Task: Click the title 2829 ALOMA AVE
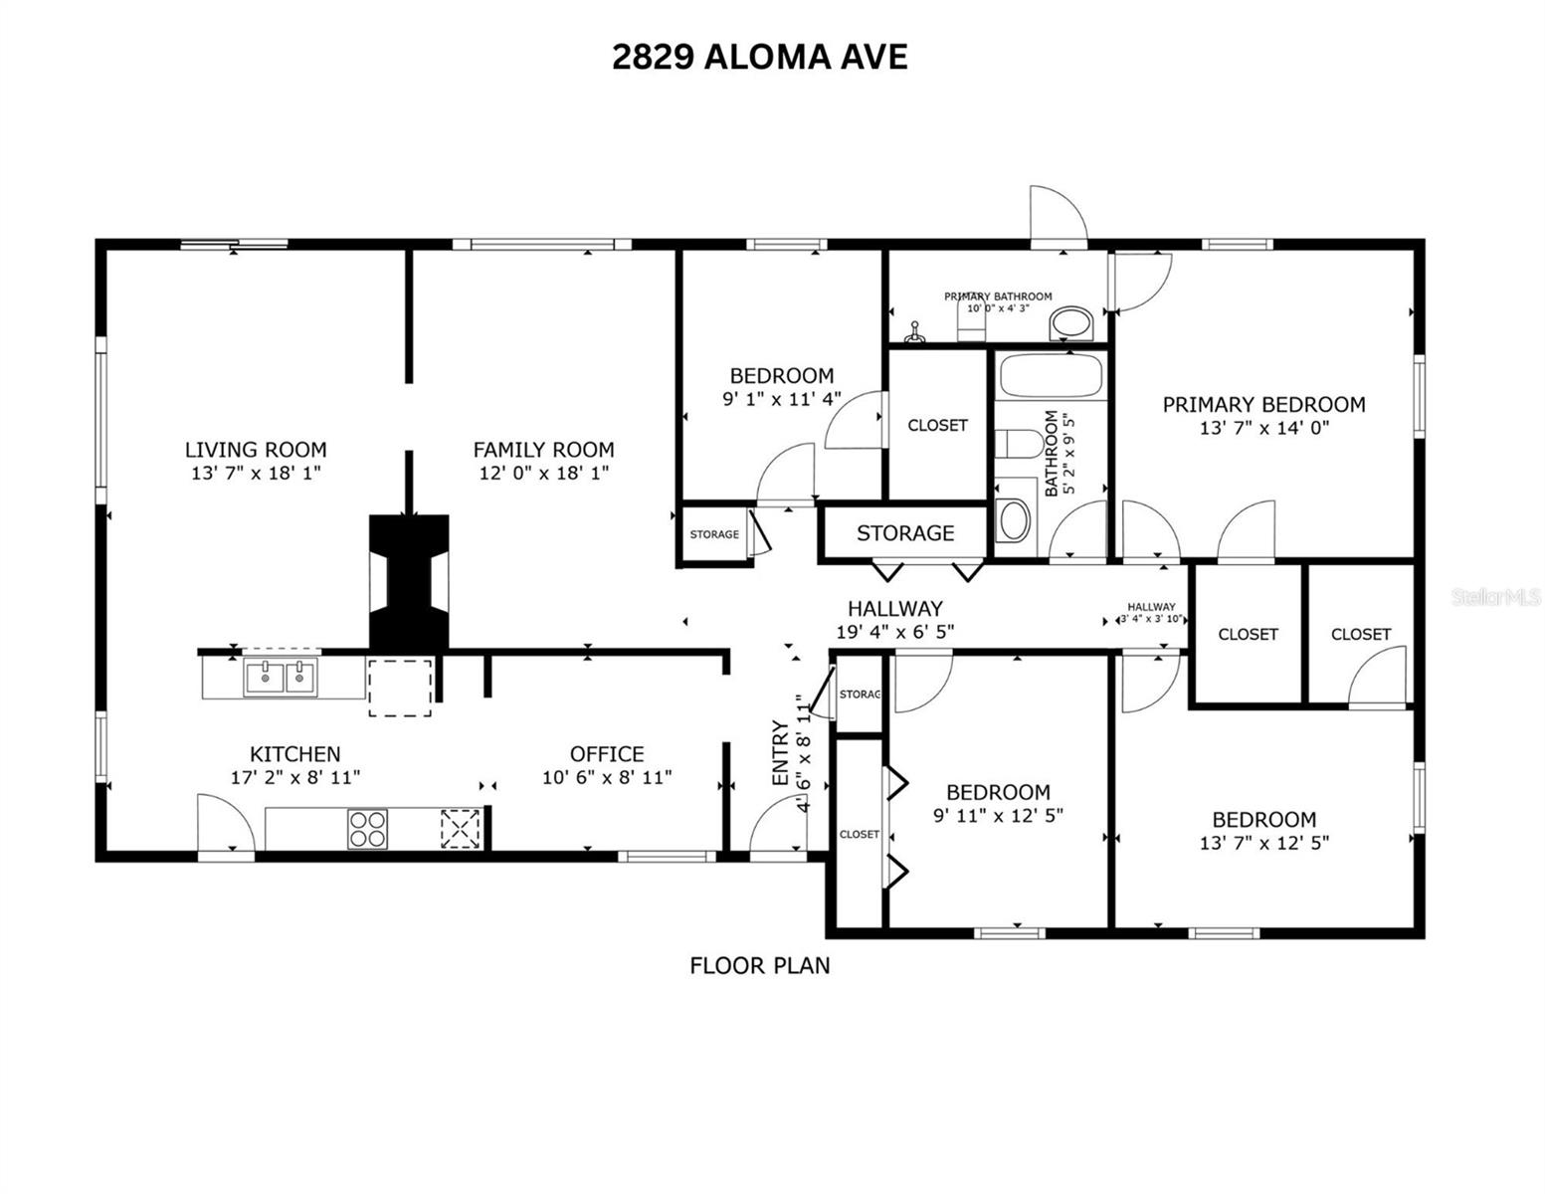(x=759, y=58)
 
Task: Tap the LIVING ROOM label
(x=256, y=450)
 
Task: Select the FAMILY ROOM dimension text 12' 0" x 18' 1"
(x=543, y=474)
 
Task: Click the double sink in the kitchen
(x=282, y=678)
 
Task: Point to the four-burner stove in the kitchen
(x=367, y=829)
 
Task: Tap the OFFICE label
(x=607, y=754)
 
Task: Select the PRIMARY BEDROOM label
(x=1263, y=404)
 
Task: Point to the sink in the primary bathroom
(x=1071, y=322)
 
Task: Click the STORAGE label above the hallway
(x=905, y=533)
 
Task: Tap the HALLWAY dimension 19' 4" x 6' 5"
(x=895, y=631)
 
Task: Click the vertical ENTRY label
(x=779, y=753)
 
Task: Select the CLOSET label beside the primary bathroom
(x=937, y=425)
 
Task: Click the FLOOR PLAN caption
(x=760, y=965)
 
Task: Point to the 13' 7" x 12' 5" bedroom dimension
(x=1264, y=842)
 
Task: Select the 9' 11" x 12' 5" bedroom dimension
(x=998, y=815)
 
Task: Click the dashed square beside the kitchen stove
(x=461, y=828)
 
